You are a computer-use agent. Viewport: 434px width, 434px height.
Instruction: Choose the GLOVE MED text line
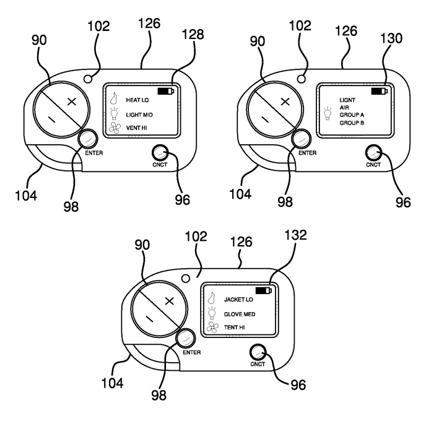click(240, 314)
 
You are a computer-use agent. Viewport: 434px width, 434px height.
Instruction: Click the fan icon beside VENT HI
click(115, 128)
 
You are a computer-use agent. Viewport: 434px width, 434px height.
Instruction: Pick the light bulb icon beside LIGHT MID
click(114, 113)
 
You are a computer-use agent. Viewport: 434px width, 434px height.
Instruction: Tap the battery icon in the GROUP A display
click(380, 91)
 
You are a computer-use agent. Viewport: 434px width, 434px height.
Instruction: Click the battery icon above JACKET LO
click(264, 290)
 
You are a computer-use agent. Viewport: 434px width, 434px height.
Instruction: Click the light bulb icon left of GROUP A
click(328, 114)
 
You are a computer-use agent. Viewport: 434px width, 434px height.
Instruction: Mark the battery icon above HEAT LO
click(167, 90)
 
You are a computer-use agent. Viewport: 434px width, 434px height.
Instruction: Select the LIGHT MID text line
click(139, 115)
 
